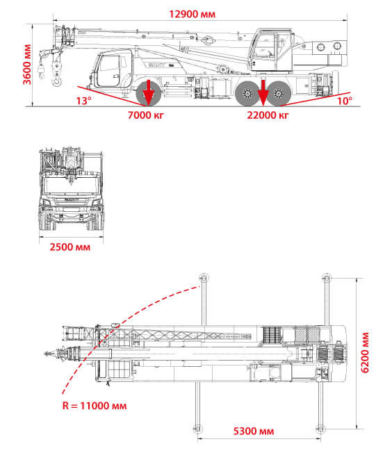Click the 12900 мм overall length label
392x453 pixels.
pos(193,14)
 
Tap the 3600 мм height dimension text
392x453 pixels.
pos(27,65)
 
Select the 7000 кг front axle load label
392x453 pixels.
pos(146,115)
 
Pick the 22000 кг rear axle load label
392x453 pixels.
pos(268,115)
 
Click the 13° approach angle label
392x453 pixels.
pos(83,101)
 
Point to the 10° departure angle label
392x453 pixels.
pos(345,101)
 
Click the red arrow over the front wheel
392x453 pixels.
pos(148,92)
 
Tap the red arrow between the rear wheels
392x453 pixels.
pos(263,92)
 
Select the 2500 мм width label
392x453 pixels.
pos(70,247)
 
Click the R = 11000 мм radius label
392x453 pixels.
pos(95,406)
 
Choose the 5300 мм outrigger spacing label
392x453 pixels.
pos(254,431)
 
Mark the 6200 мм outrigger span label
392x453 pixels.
pos(365,353)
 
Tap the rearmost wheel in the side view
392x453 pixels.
pos(279,94)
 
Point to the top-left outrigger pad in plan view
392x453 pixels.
pos(204,278)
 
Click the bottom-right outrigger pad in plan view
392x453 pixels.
pos(320,429)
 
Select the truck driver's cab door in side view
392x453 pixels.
pos(109,71)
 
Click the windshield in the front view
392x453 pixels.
pos(71,186)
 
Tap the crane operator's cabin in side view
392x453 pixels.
pos(270,50)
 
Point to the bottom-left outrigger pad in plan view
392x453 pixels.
pos(197,429)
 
